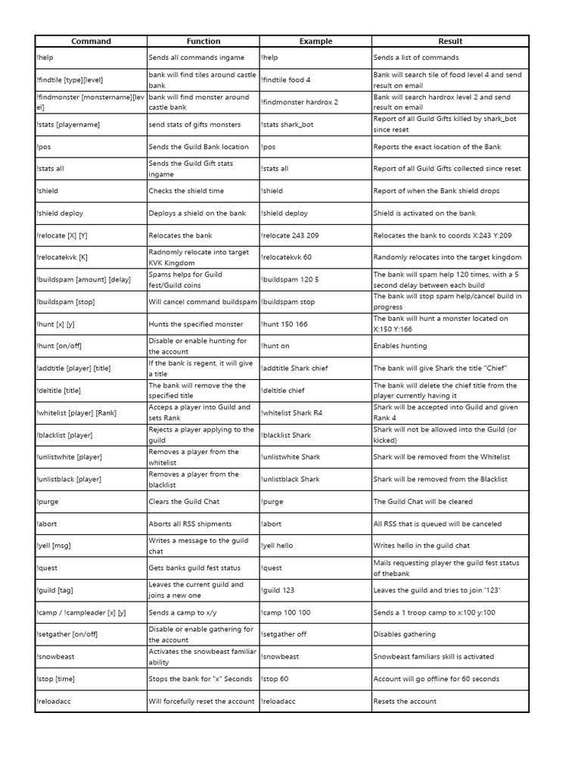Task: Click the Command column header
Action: tap(91, 41)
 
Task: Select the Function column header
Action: tap(204, 41)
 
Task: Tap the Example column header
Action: tap(315, 41)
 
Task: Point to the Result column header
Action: tap(450, 41)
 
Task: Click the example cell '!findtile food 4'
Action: tap(286, 79)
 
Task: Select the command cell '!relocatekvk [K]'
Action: tap(61, 257)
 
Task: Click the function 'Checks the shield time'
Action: tap(186, 191)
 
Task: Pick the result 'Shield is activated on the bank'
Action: tap(424, 213)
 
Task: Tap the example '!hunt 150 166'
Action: tap(285, 324)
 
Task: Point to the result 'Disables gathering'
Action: tap(405, 634)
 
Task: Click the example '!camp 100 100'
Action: tap(286, 612)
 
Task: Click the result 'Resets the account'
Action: tap(405, 702)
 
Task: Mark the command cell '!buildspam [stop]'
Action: tap(65, 302)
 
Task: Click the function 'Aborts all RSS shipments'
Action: tap(190, 524)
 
